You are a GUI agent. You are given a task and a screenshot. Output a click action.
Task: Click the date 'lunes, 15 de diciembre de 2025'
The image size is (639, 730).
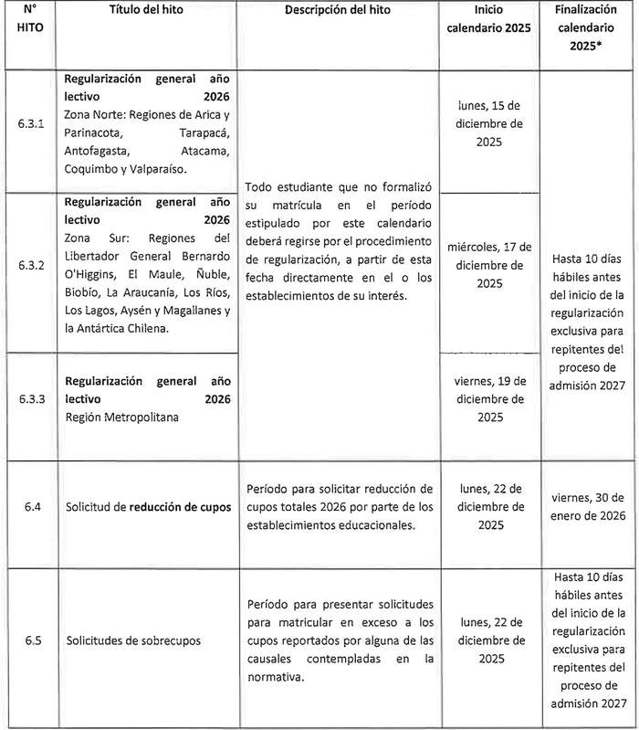491,124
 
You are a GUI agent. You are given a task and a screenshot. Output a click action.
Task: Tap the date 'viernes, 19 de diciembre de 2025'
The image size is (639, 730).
491,398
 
